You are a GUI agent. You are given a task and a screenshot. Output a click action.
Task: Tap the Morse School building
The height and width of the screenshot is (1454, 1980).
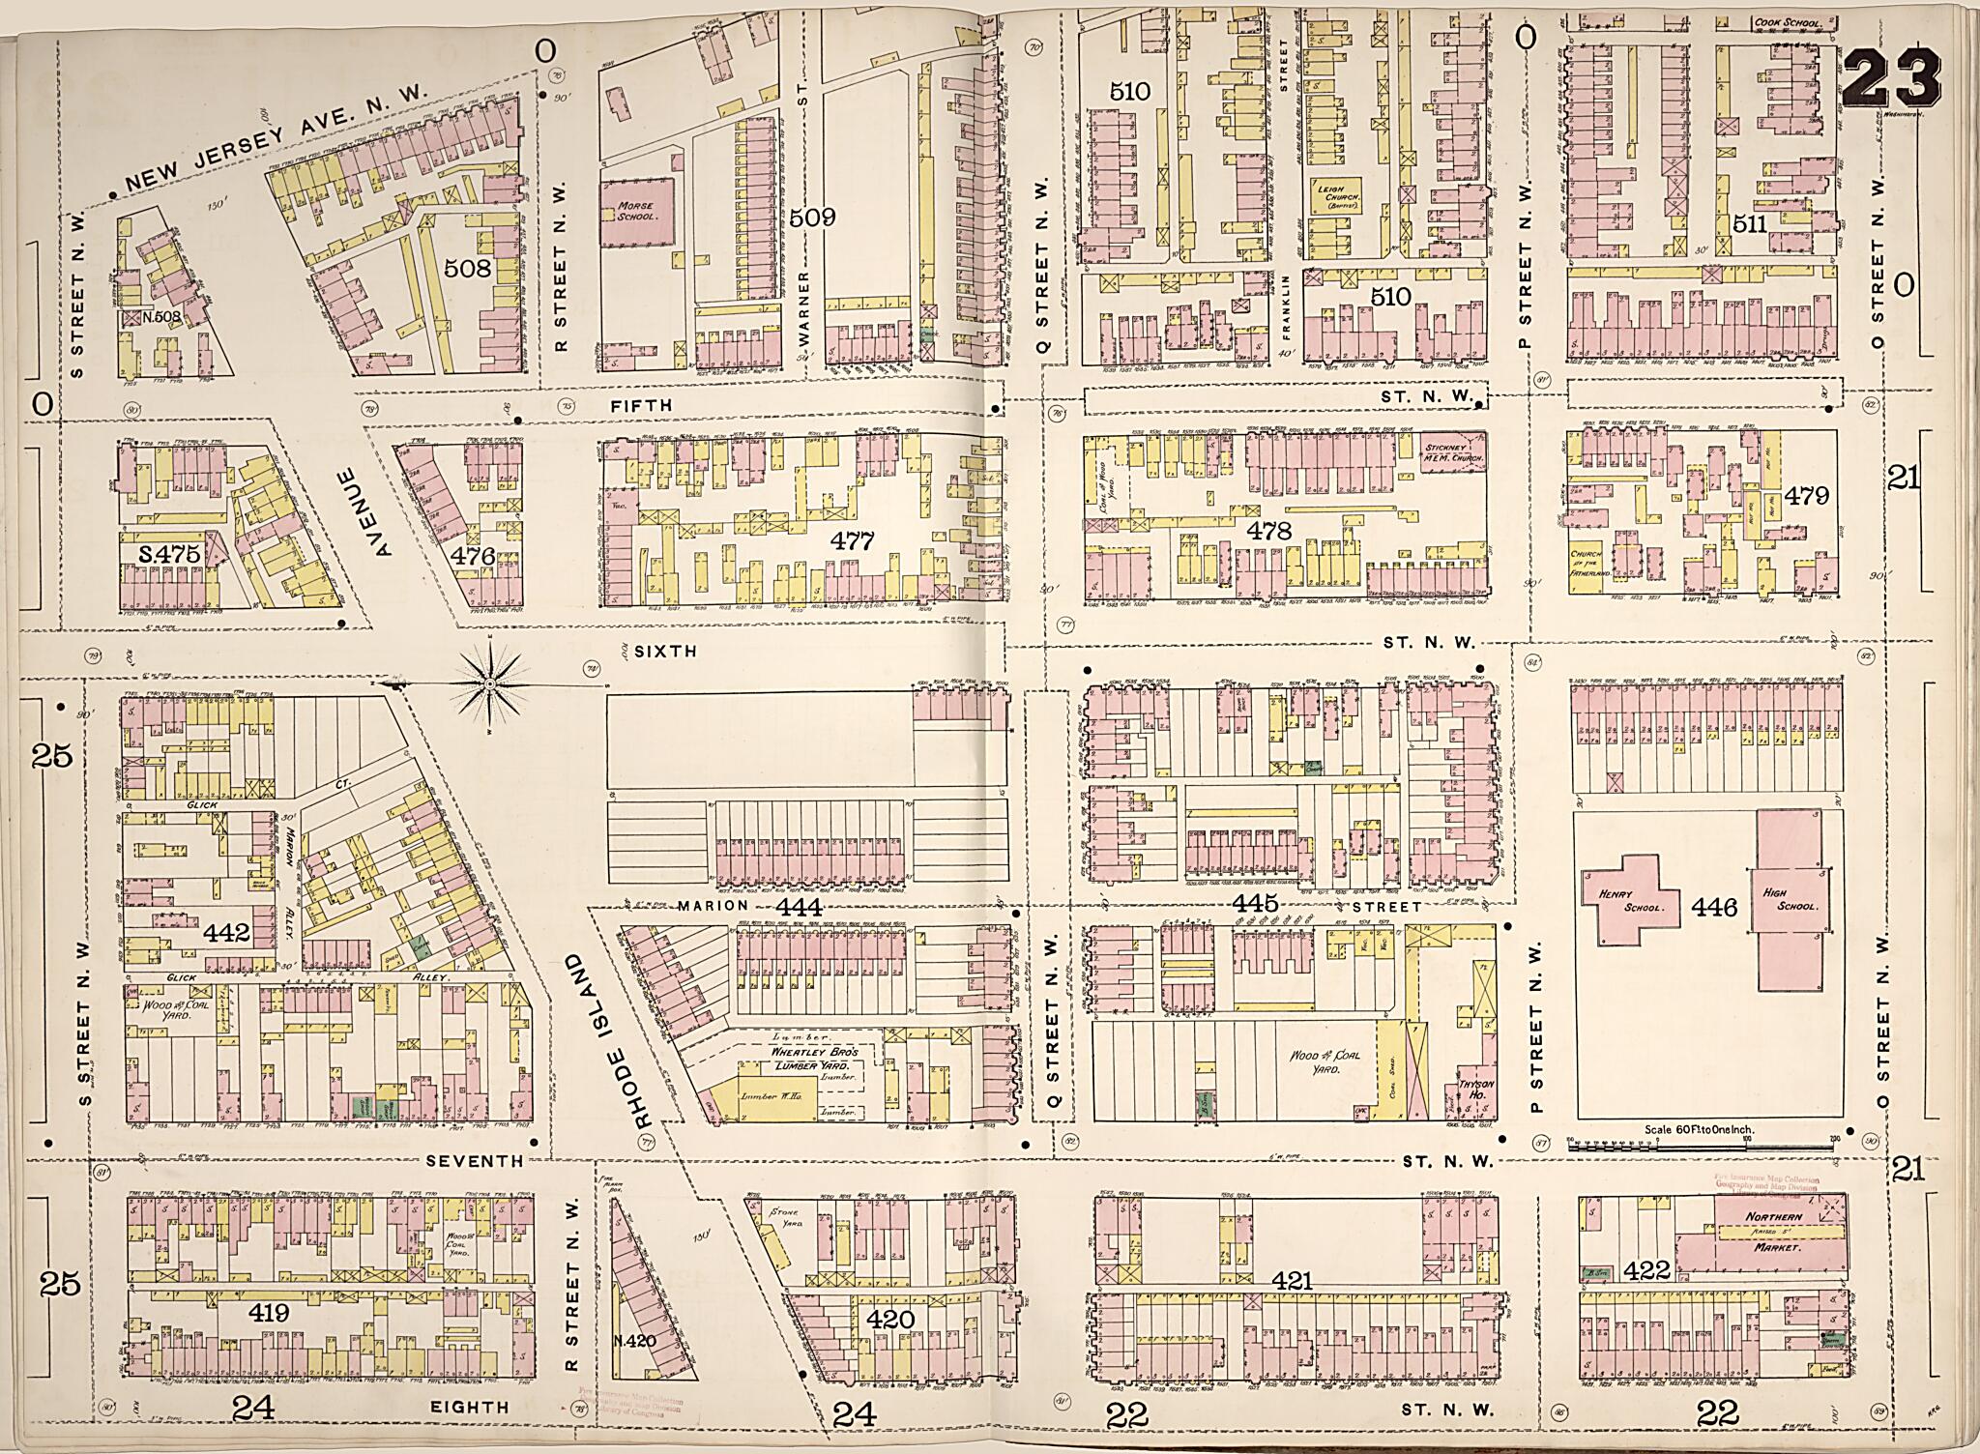(x=638, y=212)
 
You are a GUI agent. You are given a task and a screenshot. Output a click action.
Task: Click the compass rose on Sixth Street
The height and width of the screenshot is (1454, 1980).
(x=489, y=684)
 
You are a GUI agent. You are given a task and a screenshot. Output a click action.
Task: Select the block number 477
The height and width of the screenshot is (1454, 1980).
(x=853, y=541)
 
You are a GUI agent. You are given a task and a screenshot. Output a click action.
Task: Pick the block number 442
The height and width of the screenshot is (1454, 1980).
(x=227, y=934)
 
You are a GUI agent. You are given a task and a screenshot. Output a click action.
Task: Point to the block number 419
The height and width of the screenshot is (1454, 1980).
(x=269, y=1313)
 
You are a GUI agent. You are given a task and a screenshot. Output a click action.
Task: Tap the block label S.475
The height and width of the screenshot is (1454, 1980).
(x=169, y=554)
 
